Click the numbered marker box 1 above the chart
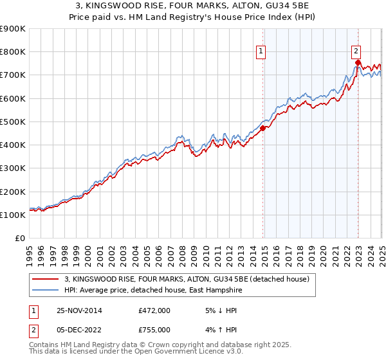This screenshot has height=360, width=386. tap(261, 52)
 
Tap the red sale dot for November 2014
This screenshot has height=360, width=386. tap(262, 128)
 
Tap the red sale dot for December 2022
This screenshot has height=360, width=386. tap(358, 62)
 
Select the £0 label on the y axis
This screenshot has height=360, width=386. tap(19, 238)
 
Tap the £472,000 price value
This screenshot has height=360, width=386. tap(154, 310)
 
